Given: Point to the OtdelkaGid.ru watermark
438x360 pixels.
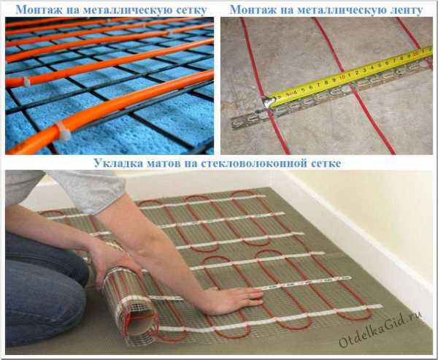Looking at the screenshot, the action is pos(380,330).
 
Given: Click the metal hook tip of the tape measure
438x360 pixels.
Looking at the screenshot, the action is pos(268,102).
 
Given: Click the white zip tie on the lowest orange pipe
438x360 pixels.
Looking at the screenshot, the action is pos(64,131).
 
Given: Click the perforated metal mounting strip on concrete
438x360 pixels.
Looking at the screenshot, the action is pos(330,92).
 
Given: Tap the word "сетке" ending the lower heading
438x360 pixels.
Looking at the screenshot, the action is pos(326,164).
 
